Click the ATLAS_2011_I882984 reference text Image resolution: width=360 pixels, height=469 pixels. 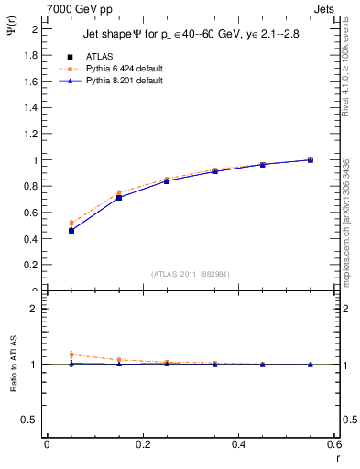click(x=191, y=274)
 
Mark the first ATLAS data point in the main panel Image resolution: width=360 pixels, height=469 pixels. click(x=71, y=231)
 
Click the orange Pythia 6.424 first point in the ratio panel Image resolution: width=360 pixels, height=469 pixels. click(x=71, y=354)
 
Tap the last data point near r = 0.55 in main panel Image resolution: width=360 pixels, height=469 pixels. click(x=311, y=160)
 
